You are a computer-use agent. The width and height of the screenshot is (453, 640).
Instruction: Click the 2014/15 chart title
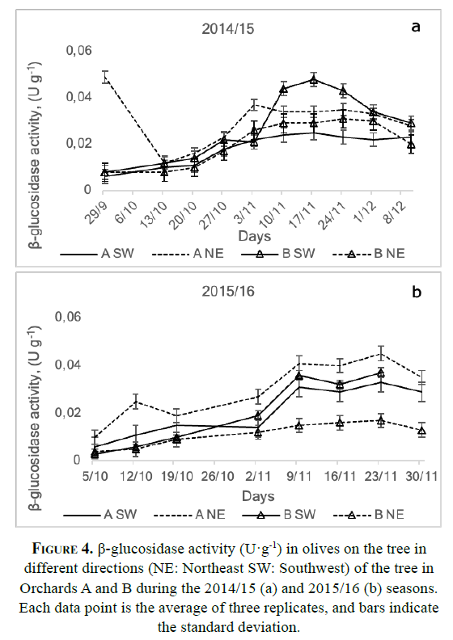point(227,29)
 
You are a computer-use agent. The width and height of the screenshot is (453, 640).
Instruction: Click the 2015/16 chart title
point(228,291)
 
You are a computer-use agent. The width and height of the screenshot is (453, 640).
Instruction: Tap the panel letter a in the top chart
point(416,27)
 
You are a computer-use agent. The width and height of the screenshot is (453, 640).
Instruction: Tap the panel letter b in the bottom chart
point(417,293)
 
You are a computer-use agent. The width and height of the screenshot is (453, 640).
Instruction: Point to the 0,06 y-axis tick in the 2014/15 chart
point(79,51)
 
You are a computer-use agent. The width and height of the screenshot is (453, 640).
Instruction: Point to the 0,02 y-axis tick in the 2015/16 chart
point(68,412)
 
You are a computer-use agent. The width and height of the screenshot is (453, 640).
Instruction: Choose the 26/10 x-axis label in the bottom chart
point(218,476)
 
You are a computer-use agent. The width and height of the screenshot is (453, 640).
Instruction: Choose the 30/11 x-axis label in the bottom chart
point(421,476)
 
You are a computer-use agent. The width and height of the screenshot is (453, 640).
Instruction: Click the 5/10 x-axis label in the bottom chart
point(95,476)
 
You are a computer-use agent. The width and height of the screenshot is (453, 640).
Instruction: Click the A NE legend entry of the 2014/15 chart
point(188,254)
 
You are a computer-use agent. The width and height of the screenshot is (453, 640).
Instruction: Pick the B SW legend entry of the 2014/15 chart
point(277,254)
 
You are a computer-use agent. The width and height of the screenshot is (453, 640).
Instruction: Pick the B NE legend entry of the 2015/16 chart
point(369,514)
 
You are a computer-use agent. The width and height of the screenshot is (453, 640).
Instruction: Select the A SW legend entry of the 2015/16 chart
point(100,514)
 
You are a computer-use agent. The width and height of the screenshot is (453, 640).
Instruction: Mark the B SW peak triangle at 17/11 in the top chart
point(313,80)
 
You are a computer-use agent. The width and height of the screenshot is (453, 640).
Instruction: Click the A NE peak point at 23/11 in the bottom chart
point(381,353)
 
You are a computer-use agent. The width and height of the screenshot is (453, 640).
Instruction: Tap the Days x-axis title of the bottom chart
point(258,496)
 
